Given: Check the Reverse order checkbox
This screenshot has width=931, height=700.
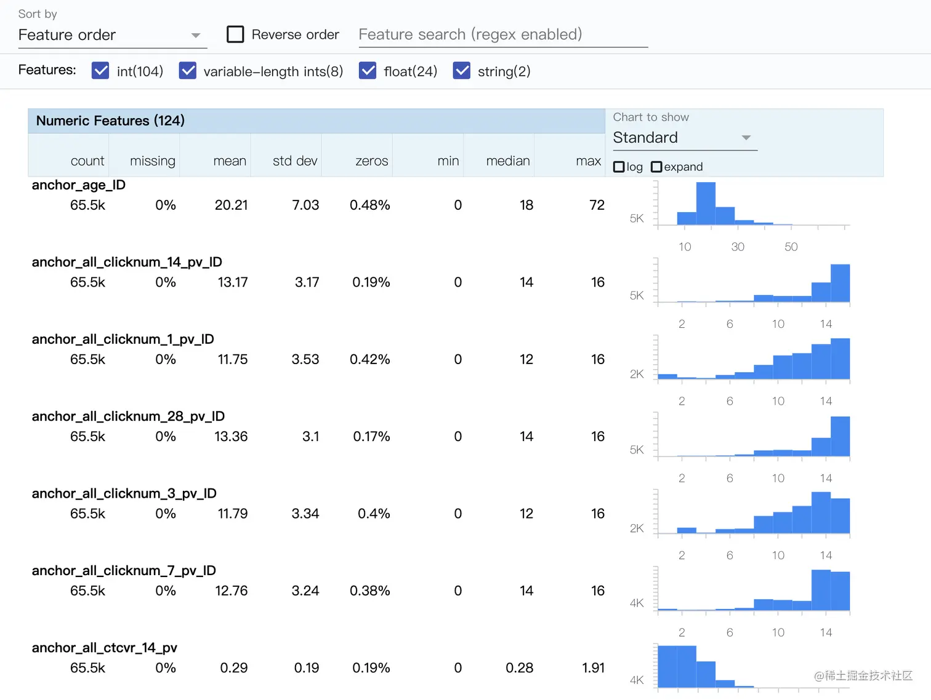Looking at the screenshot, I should coord(235,34).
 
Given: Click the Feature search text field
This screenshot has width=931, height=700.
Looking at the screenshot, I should coord(502,34).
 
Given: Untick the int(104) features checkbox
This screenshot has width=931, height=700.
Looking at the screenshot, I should coord(100,71).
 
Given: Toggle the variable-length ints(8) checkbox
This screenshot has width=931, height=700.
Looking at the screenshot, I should coord(188,71).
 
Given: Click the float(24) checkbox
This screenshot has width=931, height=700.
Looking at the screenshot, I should coord(368,71).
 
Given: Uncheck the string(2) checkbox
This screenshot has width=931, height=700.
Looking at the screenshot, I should coord(462,71).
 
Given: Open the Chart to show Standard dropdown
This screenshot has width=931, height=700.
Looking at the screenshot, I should coord(684,138).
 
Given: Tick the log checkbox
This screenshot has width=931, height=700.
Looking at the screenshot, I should coord(619,167).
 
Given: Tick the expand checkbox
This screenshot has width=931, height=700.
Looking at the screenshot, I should coord(656,167).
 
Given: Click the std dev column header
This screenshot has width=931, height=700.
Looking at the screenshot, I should coord(295,161).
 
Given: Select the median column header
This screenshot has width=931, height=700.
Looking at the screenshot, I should coord(508,161).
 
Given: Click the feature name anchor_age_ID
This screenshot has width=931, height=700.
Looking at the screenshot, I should coord(79,185).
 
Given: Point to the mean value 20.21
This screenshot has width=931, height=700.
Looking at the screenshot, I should coord(231,205).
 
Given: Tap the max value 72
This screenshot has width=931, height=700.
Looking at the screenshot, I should coord(597,205).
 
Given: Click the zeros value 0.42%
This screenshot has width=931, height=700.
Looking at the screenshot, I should coord(369,359).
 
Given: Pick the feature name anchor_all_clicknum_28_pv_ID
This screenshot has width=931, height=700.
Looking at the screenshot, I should coord(128,416).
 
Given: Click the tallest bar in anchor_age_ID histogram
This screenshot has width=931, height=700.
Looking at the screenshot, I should coord(706,203).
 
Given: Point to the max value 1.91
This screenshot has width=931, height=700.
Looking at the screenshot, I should coord(593,668).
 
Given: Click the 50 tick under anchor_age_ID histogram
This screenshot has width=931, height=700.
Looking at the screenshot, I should coord(791,247).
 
